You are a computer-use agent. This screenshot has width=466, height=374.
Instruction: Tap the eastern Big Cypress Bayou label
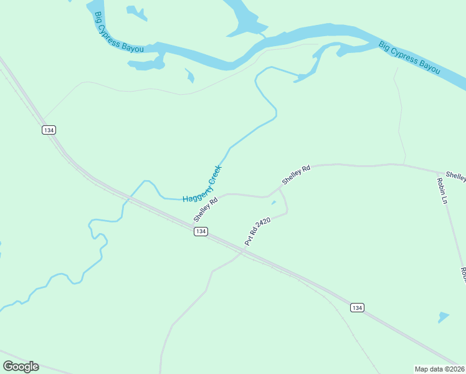pyautogui.click(x=410, y=57)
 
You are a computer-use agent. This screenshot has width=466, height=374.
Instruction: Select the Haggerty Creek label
pyautogui.click(x=202, y=184)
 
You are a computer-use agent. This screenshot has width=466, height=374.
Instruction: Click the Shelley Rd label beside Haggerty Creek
pyautogui.click(x=206, y=210)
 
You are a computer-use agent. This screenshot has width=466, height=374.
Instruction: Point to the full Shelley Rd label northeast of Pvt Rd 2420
pyautogui.click(x=296, y=175)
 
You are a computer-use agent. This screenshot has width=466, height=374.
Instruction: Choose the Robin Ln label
pyautogui.click(x=443, y=191)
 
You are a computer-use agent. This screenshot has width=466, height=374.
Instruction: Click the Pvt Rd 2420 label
pyautogui.click(x=257, y=231)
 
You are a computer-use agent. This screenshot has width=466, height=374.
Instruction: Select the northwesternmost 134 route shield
pyautogui.click(x=49, y=130)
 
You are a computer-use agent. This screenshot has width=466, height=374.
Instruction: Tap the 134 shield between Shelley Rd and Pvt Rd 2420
pyautogui.click(x=200, y=231)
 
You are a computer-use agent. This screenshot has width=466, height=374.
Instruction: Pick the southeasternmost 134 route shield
pyautogui.click(x=356, y=308)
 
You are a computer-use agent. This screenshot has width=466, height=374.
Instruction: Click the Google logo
pyautogui.click(x=21, y=367)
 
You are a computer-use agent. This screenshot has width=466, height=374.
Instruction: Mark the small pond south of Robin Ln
pyautogui.click(x=443, y=317)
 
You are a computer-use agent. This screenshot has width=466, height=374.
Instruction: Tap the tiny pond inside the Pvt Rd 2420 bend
pyautogui.click(x=273, y=202)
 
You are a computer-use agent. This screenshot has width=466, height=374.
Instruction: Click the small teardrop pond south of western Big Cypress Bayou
pyautogui.click(x=190, y=76)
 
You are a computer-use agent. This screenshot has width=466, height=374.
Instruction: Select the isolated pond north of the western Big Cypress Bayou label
pyautogui.click(x=136, y=12)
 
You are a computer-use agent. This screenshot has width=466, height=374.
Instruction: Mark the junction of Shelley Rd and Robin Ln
pyautogui.click(x=435, y=171)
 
